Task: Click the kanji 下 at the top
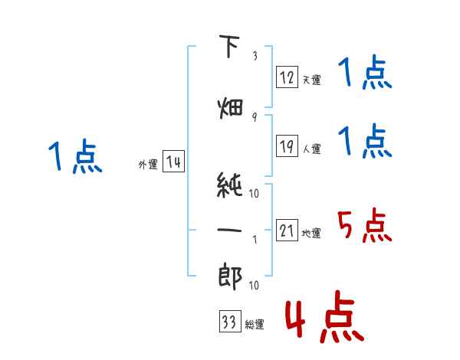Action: click(230, 46)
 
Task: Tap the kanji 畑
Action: click(230, 109)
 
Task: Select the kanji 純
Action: click(229, 185)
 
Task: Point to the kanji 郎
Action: click(230, 277)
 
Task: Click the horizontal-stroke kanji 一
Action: click(229, 230)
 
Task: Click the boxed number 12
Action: click(287, 77)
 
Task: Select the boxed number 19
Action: click(287, 146)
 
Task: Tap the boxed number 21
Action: click(287, 230)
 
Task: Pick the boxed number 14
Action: click(173, 162)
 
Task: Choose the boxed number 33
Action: click(230, 321)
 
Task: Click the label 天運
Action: click(311, 80)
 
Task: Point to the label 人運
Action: click(311, 149)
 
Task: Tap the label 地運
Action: click(311, 233)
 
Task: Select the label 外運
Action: click(148, 165)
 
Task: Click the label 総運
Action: click(255, 324)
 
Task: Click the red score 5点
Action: click(364, 225)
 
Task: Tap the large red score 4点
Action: click(325, 316)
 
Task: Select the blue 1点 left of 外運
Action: click(75, 156)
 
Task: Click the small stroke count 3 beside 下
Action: click(255, 56)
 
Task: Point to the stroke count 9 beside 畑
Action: click(255, 117)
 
